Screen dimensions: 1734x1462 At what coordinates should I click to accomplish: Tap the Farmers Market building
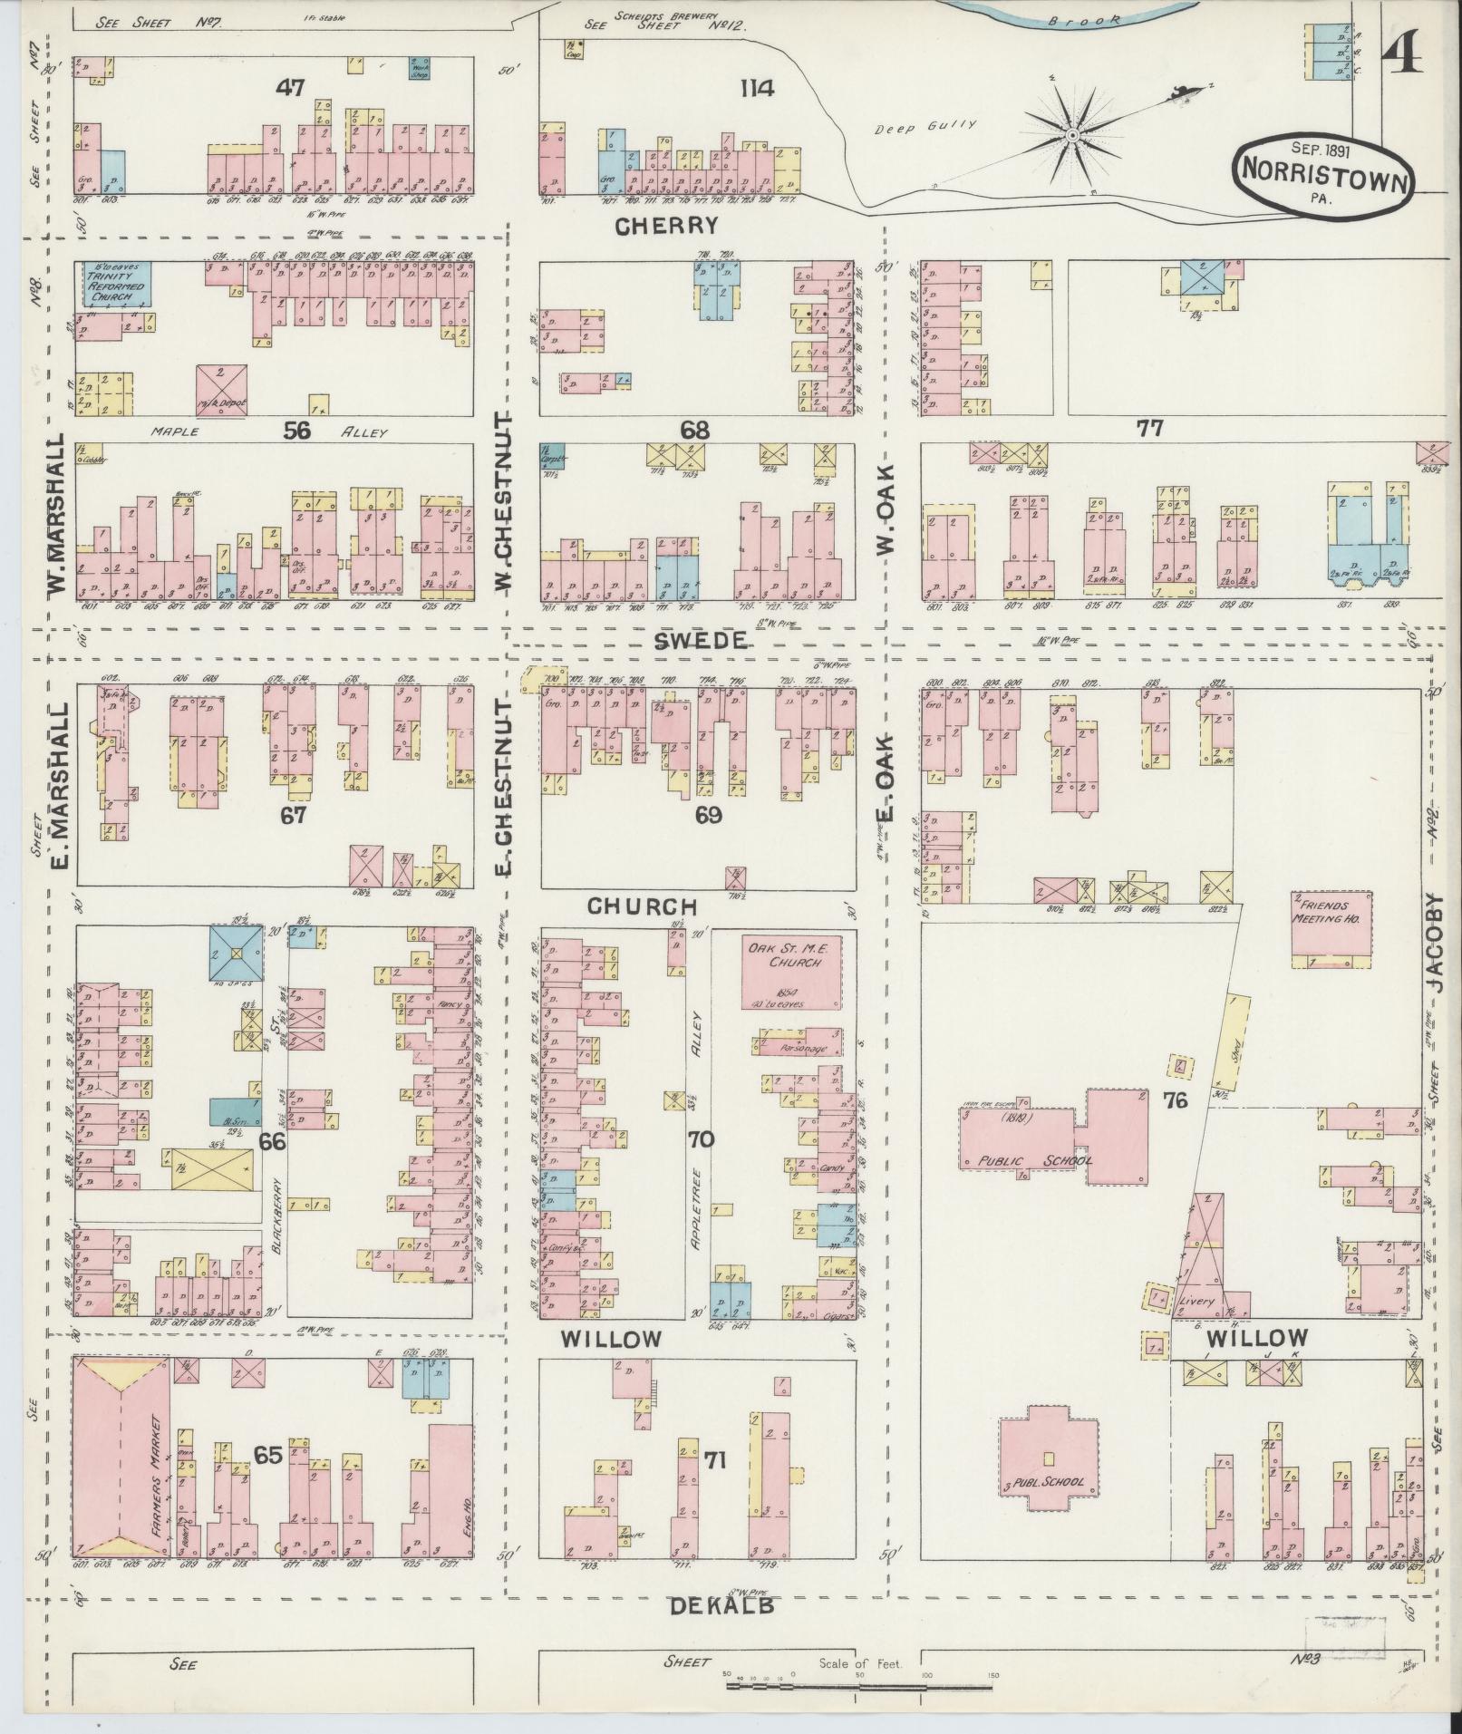pos(121,1458)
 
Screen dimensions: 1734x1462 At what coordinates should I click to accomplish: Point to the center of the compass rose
pos(1071,136)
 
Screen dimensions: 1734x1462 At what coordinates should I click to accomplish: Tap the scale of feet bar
pos(861,1686)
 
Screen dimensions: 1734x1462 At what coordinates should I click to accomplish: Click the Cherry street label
pos(666,227)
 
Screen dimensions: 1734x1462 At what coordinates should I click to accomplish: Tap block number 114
pos(756,89)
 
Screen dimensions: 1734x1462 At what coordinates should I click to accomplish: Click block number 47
pos(290,88)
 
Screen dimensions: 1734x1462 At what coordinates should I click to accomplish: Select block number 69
pos(708,815)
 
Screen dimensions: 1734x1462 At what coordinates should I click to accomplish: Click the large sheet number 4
pos(1401,58)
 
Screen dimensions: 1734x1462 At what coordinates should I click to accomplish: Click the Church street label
pos(642,906)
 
